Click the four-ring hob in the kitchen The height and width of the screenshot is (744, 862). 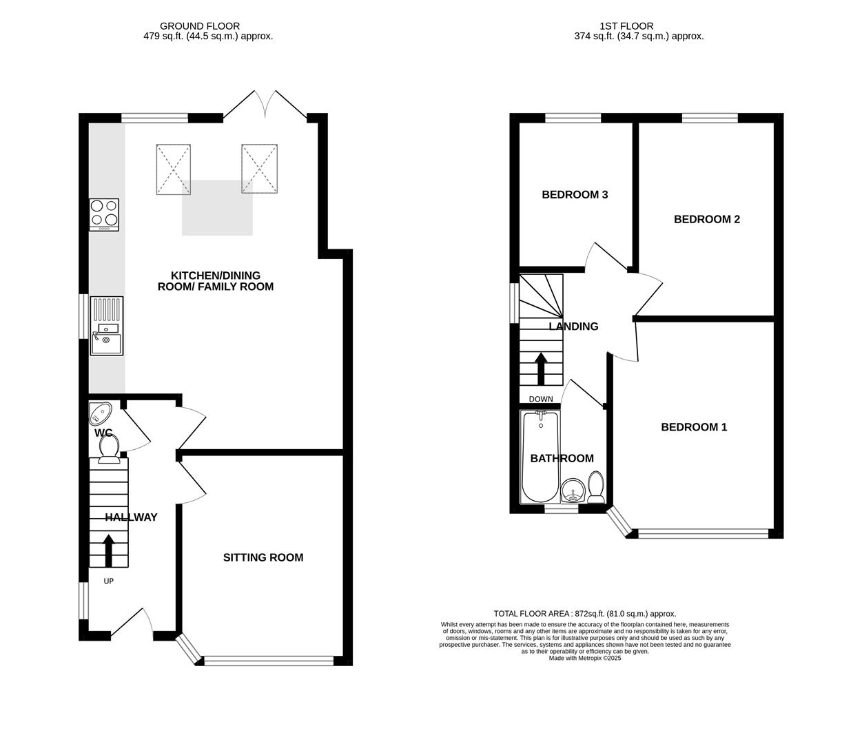click(104, 214)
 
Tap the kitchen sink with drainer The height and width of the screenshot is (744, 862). click(106, 325)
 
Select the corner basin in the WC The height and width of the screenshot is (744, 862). click(100, 413)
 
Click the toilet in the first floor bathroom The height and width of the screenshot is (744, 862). click(596, 486)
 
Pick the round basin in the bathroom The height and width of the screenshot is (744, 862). click(573, 491)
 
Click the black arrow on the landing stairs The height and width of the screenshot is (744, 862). click(541, 369)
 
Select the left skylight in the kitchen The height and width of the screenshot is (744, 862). click(174, 169)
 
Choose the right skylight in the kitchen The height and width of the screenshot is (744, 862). click(259, 169)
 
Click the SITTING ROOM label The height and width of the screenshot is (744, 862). click(263, 557)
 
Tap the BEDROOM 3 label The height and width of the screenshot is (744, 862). click(575, 194)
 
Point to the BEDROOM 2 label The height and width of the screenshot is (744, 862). click(706, 219)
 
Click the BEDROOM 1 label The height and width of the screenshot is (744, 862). click(694, 427)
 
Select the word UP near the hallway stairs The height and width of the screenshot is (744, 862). click(108, 581)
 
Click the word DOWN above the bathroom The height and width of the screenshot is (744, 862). click(540, 399)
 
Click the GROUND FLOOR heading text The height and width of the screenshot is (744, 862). click(200, 26)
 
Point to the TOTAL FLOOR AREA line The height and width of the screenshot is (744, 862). click(585, 613)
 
